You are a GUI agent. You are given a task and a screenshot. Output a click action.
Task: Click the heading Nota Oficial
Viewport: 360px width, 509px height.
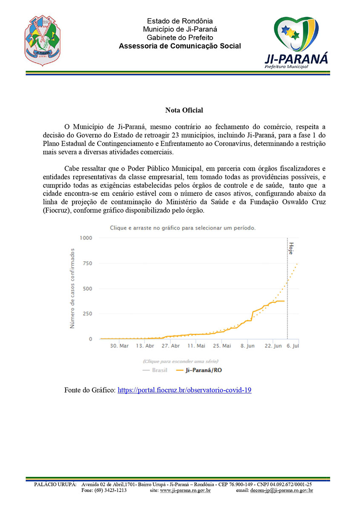coord(184,110)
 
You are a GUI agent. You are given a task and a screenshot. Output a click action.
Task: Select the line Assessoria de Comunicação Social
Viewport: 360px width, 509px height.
coord(180,46)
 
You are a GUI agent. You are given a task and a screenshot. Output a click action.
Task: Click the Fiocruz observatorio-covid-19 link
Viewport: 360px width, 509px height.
coord(184,390)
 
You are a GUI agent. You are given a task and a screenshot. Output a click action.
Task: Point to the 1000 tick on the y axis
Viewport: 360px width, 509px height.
coord(85,238)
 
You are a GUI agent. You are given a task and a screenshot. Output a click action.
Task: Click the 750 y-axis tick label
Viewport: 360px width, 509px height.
coord(86,263)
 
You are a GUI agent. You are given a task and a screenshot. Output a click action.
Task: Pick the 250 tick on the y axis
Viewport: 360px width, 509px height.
coord(86,314)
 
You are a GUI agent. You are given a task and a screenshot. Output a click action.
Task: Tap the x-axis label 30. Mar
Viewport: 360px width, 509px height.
coord(119,346)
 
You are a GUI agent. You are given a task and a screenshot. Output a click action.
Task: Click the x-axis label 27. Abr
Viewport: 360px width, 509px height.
coord(170,346)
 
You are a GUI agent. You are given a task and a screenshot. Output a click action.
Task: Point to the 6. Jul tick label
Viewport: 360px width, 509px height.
coord(293,346)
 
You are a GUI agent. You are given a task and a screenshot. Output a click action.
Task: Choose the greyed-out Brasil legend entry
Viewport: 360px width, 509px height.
coord(157,370)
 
